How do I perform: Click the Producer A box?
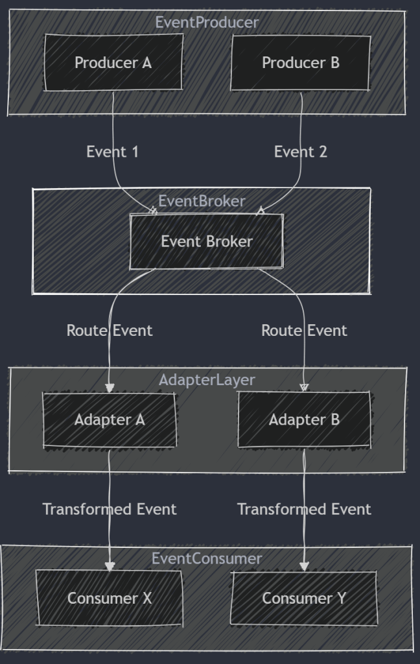(x=113, y=63)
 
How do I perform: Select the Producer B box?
(x=301, y=63)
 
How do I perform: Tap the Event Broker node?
(x=207, y=242)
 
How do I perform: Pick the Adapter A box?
(x=110, y=420)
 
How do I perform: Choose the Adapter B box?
(x=304, y=420)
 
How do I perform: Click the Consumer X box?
(x=110, y=598)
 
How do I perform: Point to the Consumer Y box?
(x=304, y=598)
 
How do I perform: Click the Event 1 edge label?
(x=113, y=152)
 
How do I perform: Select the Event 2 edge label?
(x=301, y=152)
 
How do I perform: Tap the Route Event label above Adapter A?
(x=110, y=330)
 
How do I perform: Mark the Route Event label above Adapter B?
(x=304, y=330)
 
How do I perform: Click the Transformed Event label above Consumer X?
(x=110, y=509)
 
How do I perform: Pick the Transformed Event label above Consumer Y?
(x=304, y=509)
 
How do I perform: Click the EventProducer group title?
(x=207, y=22)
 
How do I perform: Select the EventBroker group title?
(x=202, y=201)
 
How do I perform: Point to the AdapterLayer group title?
(x=207, y=380)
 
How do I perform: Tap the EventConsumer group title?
(x=207, y=558)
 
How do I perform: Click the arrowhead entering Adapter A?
(x=110, y=388)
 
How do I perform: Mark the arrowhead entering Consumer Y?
(x=304, y=566)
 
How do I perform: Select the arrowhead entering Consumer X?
(x=110, y=566)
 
